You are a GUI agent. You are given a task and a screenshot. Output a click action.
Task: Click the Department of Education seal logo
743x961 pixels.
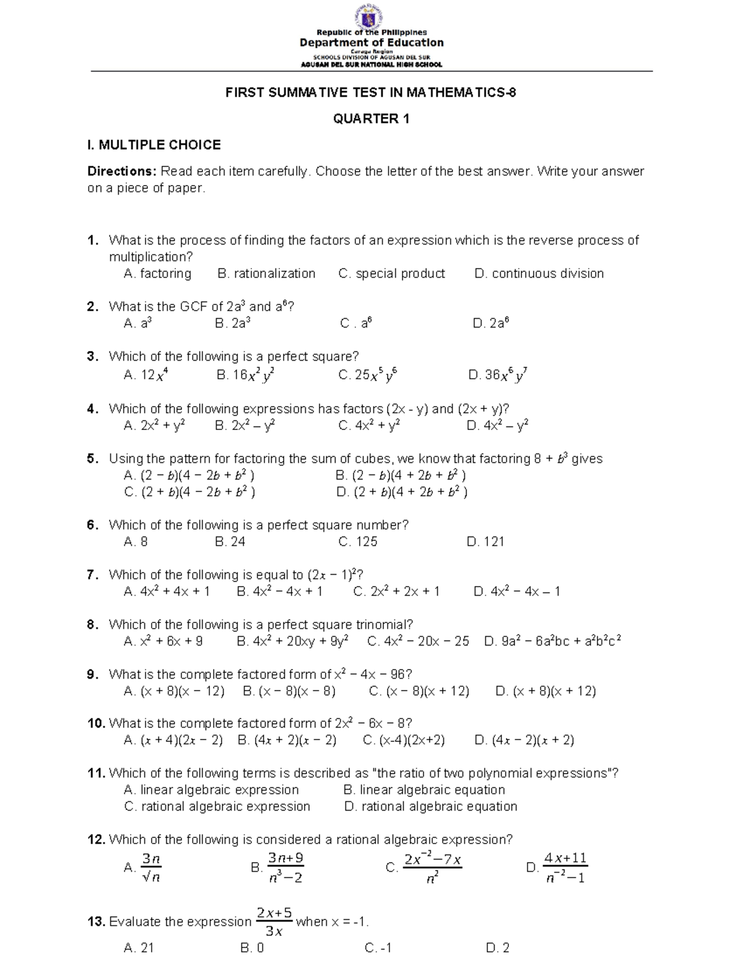click(371, 15)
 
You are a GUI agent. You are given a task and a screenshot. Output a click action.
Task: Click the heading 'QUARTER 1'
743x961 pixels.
click(371, 119)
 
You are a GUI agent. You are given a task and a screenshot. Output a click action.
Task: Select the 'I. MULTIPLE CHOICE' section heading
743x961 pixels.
click(154, 145)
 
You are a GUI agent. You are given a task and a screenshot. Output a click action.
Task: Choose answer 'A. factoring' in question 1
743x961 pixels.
click(157, 274)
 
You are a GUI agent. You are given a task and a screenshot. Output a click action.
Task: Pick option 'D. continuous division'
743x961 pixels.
click(539, 274)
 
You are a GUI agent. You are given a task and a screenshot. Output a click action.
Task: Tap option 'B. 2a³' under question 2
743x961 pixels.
click(233, 323)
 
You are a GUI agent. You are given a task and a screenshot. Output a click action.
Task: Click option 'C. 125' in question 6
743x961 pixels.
click(358, 541)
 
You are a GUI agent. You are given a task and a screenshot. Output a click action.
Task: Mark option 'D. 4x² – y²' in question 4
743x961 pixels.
click(497, 425)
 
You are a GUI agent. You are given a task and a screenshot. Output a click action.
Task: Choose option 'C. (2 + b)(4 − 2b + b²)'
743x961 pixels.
click(189, 492)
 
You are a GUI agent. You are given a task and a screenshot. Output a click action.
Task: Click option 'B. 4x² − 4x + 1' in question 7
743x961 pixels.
click(280, 591)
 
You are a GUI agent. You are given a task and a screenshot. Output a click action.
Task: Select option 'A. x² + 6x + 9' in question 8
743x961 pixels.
click(163, 641)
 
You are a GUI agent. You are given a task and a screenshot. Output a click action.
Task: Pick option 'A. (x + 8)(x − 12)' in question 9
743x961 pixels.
click(174, 691)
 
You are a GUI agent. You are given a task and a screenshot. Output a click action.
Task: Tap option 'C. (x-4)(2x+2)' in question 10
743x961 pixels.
click(404, 740)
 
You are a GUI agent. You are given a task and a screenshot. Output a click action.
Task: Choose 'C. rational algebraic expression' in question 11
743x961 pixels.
click(217, 806)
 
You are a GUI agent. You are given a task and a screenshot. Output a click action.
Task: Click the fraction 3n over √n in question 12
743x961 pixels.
click(151, 868)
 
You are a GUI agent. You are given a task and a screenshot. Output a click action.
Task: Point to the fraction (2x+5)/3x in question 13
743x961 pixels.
click(274, 921)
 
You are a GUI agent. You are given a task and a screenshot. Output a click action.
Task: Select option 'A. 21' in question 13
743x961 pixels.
click(139, 948)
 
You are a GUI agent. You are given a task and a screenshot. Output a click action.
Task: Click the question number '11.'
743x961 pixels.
click(97, 773)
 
